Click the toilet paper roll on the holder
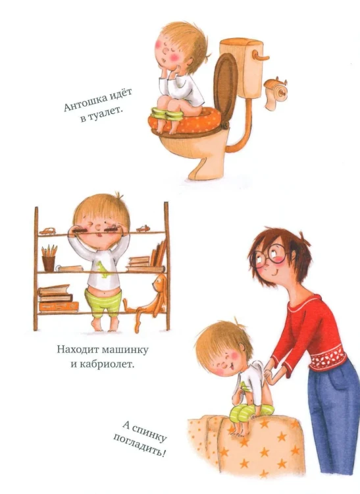tap(275, 93)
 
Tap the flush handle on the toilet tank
tap(261, 57)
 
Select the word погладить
tap(139, 446)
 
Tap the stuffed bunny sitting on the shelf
tap(148, 303)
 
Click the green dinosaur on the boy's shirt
tap(104, 269)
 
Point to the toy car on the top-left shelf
tap(47, 231)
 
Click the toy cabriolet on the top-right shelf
tap(143, 229)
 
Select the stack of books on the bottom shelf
tap(58, 298)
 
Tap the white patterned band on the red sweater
tap(327, 357)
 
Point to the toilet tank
tap(242, 67)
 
